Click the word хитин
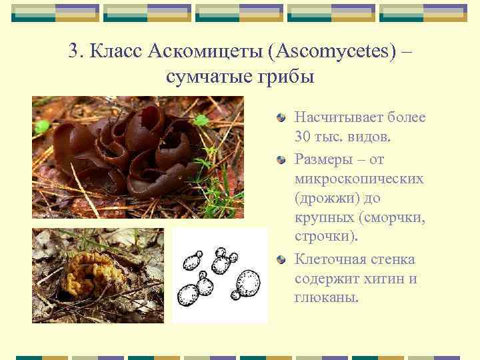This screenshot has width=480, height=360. tap(382, 279)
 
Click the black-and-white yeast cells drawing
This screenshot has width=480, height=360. tap(219, 275)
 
